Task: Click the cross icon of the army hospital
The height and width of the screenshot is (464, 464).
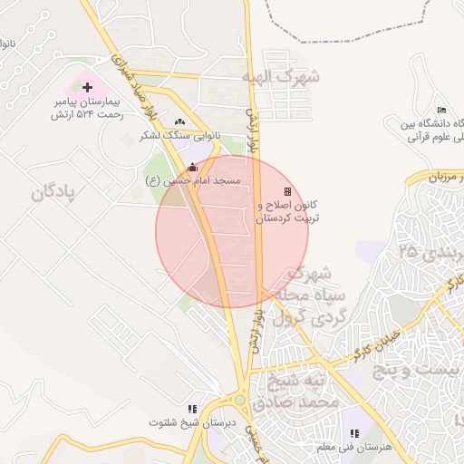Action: (88, 88)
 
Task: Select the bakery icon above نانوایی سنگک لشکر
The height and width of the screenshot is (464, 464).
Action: (179, 121)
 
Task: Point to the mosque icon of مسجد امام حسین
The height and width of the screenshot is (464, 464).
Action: (191, 167)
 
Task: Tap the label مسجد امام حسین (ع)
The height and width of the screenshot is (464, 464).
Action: (193, 181)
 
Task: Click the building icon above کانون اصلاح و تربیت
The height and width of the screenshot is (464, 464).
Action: (288, 191)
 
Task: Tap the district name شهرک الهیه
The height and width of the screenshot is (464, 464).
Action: (281, 78)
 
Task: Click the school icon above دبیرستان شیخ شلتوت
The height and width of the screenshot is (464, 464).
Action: (191, 410)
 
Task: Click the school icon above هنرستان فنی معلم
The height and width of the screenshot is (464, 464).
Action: (353, 434)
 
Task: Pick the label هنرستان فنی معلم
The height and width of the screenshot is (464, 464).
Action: (361, 448)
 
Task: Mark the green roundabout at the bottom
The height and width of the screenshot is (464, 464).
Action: (240, 399)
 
